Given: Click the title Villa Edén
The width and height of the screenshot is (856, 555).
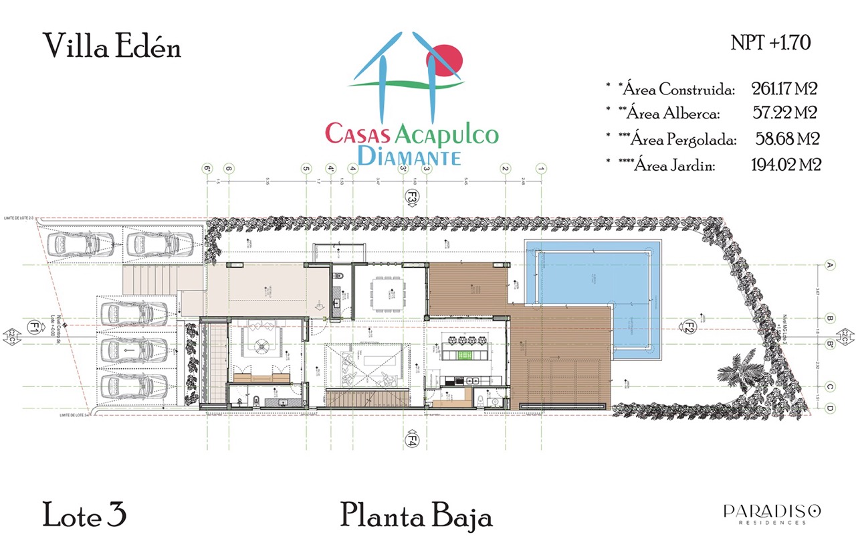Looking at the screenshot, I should click(112, 46).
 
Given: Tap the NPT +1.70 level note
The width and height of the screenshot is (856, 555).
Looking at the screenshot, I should click(771, 43).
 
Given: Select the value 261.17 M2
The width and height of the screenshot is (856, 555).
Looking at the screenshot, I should click(785, 88).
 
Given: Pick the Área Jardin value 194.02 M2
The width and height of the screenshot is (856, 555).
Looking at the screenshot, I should click(786, 165).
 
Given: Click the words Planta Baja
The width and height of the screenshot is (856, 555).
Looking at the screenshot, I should click(416, 516).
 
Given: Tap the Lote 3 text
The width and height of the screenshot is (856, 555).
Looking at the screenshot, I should click(85, 516).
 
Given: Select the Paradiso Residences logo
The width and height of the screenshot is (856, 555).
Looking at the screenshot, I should click(772, 513).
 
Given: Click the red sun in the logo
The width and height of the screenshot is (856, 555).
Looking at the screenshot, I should click(445, 60).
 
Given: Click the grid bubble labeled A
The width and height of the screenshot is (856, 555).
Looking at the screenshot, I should click(830, 266).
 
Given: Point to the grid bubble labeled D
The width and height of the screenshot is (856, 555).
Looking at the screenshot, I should click(830, 408).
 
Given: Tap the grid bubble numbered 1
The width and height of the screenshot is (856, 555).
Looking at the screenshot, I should click(542, 169).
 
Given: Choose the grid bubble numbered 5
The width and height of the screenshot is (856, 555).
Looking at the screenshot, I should click(306, 169).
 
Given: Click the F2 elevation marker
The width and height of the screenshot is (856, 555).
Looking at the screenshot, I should click(689, 327).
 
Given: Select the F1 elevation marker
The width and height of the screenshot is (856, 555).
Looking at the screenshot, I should click(33, 327).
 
